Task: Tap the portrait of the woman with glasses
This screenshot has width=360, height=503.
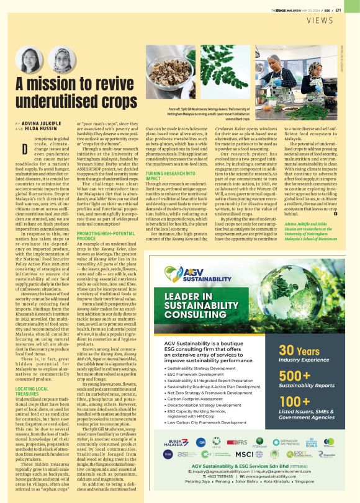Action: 28,60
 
